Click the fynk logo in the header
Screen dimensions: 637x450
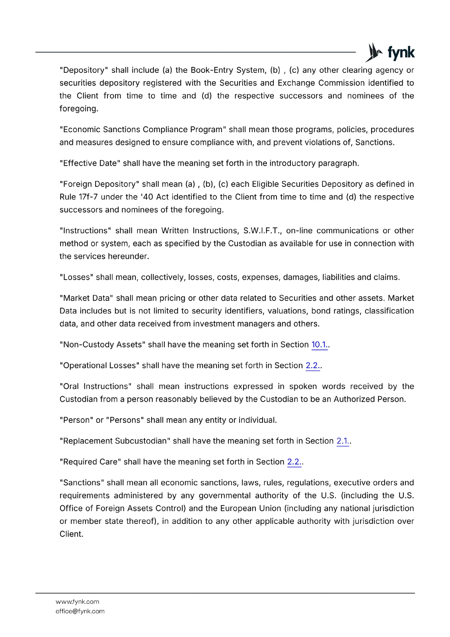390,53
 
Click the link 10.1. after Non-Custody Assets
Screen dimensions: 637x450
319,345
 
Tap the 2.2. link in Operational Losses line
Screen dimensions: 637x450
313,365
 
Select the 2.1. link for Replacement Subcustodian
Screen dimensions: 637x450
343,441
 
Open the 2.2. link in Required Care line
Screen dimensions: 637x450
294,462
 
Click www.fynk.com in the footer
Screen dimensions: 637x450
77,602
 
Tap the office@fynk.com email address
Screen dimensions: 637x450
80,611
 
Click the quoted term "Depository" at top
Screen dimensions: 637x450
84,70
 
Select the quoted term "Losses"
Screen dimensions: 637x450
76,277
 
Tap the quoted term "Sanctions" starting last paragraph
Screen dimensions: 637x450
82,483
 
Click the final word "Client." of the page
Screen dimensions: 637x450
71,534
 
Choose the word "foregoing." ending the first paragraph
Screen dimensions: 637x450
79,109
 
